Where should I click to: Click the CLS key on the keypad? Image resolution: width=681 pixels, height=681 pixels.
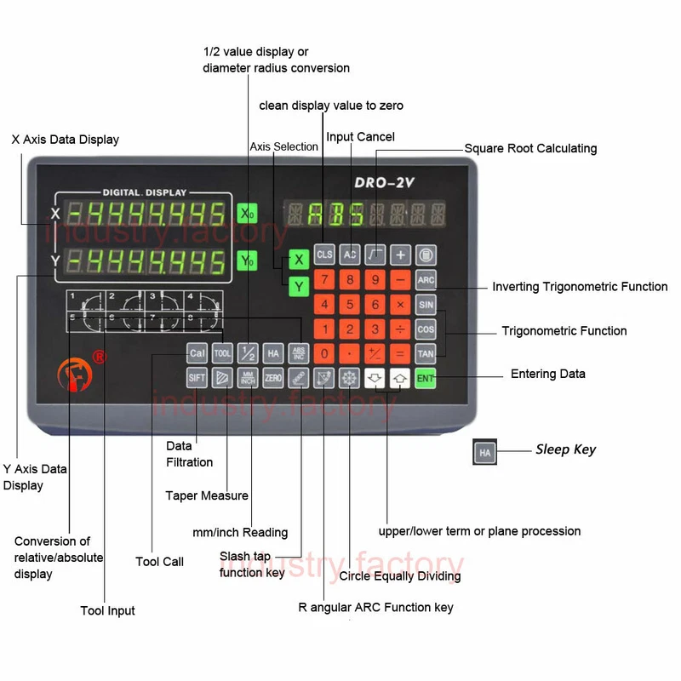click(x=324, y=255)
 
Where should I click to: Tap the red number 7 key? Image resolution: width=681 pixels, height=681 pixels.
click(x=323, y=279)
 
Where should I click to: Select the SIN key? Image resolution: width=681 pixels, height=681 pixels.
click(x=426, y=304)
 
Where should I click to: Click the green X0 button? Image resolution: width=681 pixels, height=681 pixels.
click(x=246, y=213)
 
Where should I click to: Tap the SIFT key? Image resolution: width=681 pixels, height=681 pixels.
click(x=197, y=377)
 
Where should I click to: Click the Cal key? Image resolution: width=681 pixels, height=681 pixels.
click(x=197, y=352)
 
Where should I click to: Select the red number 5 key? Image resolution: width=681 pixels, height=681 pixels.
click(x=349, y=304)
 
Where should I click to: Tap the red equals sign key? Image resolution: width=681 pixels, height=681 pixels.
click(x=401, y=352)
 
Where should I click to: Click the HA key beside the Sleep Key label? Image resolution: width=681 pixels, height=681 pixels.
click(x=485, y=452)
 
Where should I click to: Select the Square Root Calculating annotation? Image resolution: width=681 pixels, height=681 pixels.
click(x=530, y=148)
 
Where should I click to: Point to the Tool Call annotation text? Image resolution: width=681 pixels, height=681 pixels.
click(x=159, y=562)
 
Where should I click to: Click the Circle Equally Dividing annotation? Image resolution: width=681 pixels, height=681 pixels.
click(x=400, y=576)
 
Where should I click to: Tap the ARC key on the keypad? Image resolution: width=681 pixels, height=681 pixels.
click(x=426, y=279)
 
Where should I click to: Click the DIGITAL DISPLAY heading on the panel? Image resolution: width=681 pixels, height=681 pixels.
click(x=145, y=192)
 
